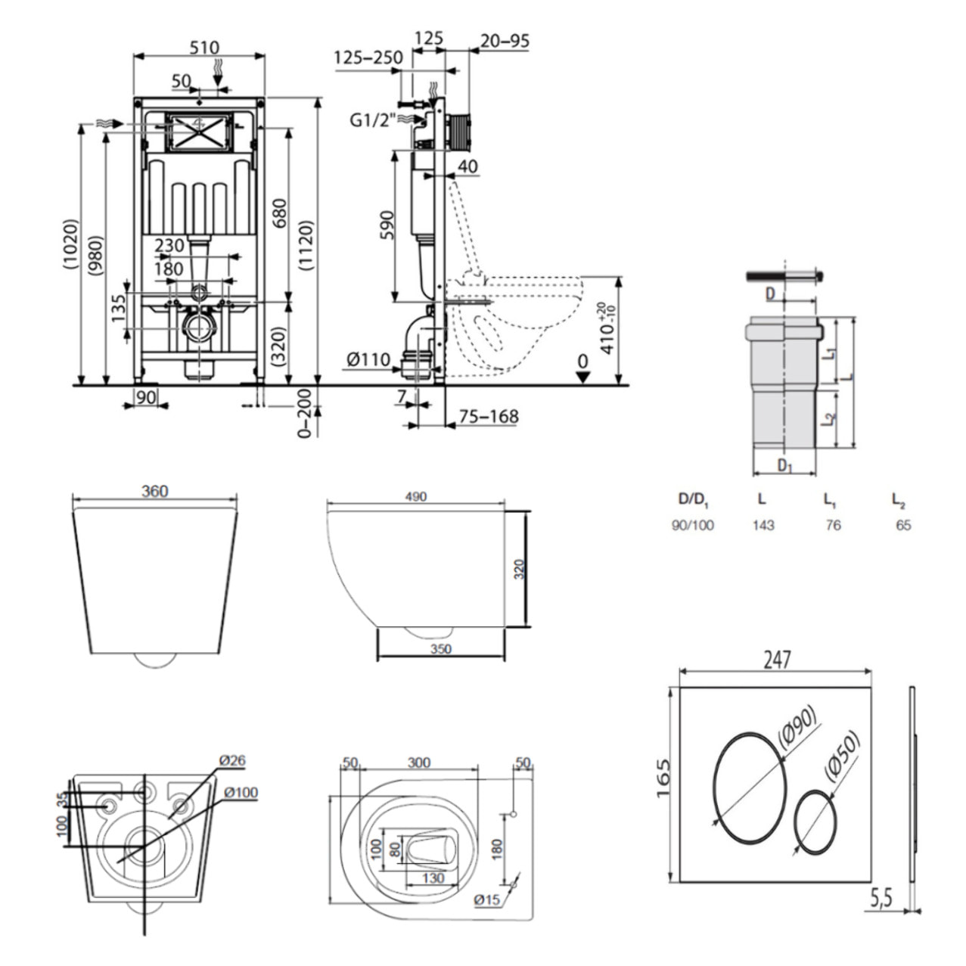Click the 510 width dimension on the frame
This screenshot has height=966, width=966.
[x=199, y=47]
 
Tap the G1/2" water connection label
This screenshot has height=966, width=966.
[x=371, y=120]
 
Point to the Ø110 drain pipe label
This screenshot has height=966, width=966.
[x=368, y=361]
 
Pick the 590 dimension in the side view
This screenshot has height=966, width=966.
[x=386, y=225]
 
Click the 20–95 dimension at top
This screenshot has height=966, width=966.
[x=505, y=41]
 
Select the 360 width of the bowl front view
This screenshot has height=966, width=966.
[x=154, y=491]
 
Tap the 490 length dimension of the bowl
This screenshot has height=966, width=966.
[x=415, y=496]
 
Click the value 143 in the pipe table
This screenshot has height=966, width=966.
[x=763, y=525]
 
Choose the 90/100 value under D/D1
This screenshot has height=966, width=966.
[x=692, y=525]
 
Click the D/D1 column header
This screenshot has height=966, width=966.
[x=692, y=499]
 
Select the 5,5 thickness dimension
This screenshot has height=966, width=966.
[x=881, y=899]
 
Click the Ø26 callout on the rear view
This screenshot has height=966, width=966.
[x=232, y=760]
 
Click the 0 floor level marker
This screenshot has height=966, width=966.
[x=582, y=362]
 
